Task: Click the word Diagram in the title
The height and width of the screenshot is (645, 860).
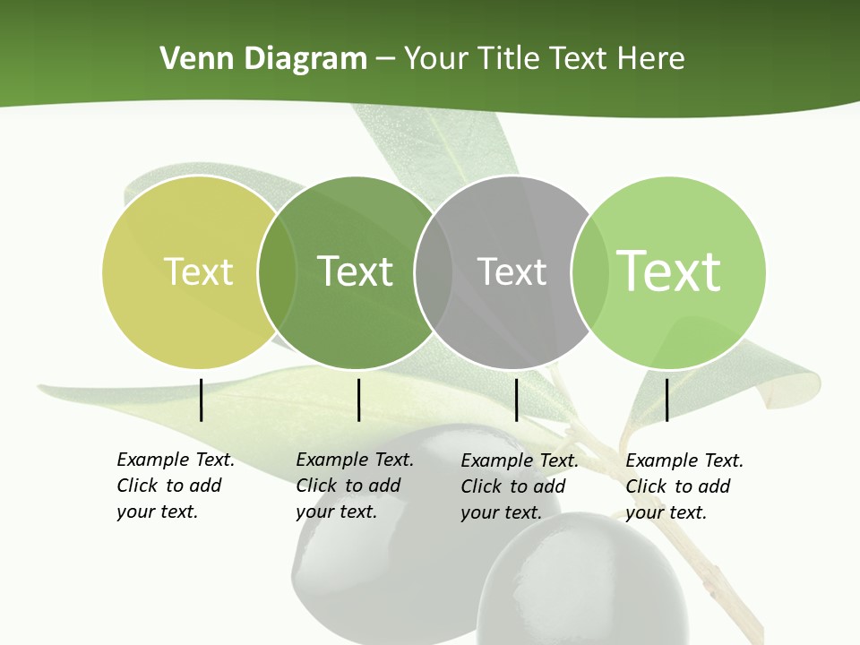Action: tap(304, 59)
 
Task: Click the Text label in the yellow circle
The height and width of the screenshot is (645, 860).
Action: tap(198, 271)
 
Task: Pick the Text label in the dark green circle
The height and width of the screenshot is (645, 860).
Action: tap(356, 271)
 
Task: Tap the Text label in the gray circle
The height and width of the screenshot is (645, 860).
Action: tap(512, 271)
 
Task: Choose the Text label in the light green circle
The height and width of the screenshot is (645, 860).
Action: tap(669, 271)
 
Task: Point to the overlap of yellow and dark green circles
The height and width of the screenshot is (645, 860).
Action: tap(277, 271)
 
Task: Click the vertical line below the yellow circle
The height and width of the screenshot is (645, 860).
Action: tap(202, 400)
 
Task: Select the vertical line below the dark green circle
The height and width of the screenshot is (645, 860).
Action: tap(358, 400)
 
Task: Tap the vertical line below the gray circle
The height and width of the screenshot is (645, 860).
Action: tap(517, 400)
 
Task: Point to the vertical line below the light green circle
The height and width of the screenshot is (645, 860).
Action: tap(667, 400)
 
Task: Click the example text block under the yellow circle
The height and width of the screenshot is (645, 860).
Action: tap(176, 486)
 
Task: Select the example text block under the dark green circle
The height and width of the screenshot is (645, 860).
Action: tap(355, 486)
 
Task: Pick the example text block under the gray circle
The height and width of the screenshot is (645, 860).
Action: tap(520, 486)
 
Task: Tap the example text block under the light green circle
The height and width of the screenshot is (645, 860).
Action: tap(684, 486)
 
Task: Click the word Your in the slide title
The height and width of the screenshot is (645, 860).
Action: tap(436, 59)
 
